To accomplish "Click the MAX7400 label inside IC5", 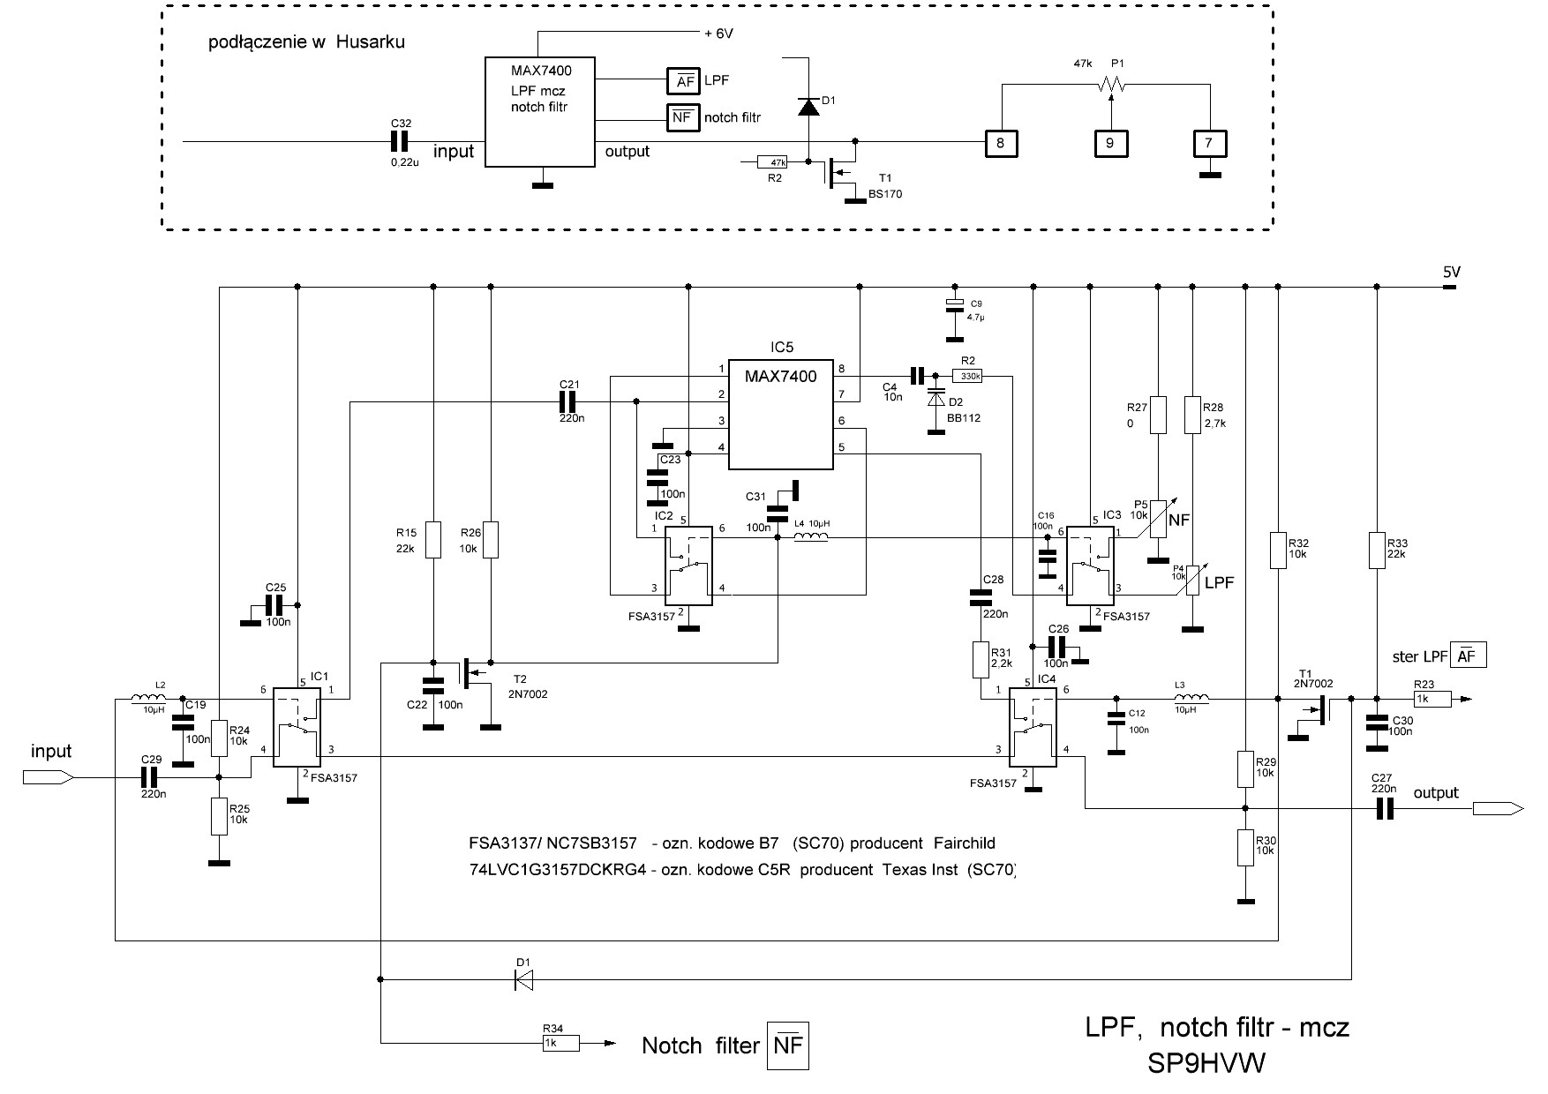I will click(x=780, y=377).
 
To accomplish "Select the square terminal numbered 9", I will click(x=1110, y=143).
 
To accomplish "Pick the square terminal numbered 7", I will click(x=1209, y=143).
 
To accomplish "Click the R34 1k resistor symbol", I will click(x=560, y=1044).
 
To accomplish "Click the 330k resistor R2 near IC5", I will click(x=968, y=376).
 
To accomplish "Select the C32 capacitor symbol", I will click(x=402, y=141).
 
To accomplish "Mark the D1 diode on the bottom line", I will click(x=524, y=979).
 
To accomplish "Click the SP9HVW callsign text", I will click(x=1206, y=1064).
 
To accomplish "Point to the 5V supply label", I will click(x=1452, y=273).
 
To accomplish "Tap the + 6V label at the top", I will click(x=718, y=34).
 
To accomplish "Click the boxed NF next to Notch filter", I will click(x=786, y=1046).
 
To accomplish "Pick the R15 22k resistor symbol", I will click(x=432, y=540).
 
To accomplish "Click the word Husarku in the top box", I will click(x=370, y=41).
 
